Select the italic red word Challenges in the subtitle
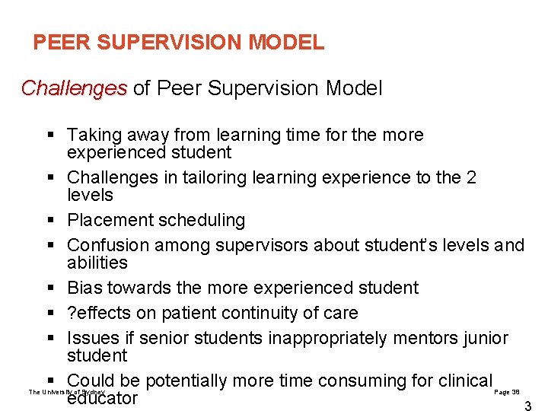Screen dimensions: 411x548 [x=74, y=88]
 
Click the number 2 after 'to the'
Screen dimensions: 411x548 [x=471, y=178]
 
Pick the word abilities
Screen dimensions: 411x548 [x=97, y=263]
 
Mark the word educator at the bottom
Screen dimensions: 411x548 [x=102, y=398]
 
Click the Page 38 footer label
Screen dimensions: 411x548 [x=507, y=391]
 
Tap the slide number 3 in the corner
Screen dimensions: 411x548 [x=527, y=406]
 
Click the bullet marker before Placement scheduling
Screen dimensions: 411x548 [x=50, y=221]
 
